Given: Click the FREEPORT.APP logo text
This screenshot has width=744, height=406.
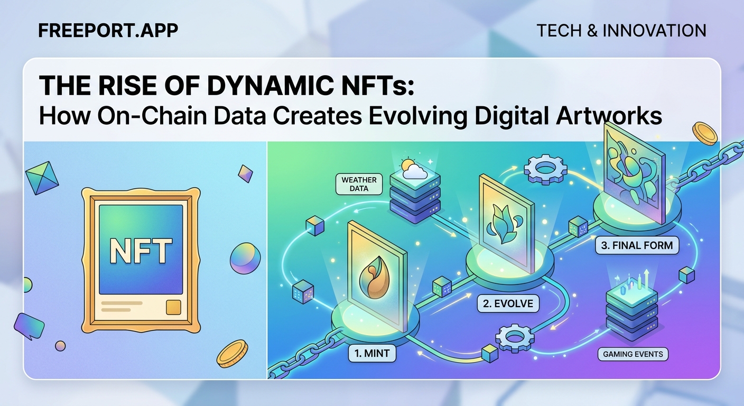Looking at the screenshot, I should [x=108, y=30].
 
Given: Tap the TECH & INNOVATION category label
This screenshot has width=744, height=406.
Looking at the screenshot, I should [x=621, y=31].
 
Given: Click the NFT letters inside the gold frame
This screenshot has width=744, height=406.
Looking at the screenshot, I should [x=140, y=251].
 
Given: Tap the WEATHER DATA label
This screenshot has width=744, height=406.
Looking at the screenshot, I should [x=359, y=184].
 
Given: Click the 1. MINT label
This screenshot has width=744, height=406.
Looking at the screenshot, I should [x=372, y=354].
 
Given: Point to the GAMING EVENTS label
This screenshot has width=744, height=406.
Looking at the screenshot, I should [x=633, y=354].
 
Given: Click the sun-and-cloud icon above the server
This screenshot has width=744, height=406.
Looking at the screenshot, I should [x=413, y=168].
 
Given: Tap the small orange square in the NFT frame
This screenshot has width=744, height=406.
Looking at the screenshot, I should [x=173, y=307].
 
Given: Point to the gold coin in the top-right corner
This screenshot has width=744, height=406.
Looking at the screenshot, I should [x=705, y=133].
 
